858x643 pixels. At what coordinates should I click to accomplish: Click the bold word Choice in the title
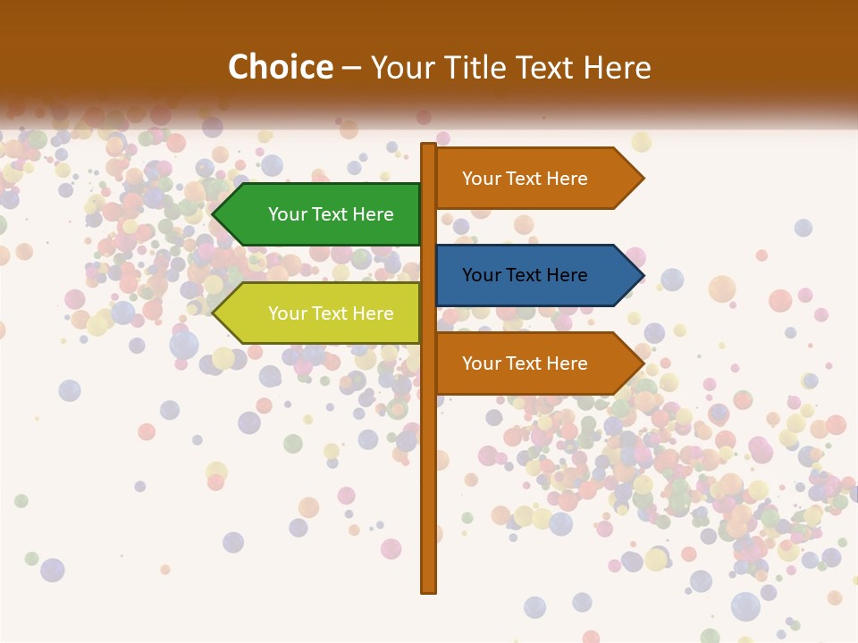[x=280, y=67]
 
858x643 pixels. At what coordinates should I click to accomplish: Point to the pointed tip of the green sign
[x=214, y=214]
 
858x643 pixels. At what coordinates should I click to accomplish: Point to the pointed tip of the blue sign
[x=642, y=275]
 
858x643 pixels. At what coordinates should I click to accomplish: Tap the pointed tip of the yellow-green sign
[x=214, y=313]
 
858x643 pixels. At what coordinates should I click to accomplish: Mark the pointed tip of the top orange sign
[x=642, y=178]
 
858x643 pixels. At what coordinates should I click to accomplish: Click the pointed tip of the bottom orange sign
[x=642, y=363]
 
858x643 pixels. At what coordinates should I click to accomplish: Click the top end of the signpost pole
[x=428, y=146]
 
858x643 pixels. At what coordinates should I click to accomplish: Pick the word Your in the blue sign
[x=481, y=275]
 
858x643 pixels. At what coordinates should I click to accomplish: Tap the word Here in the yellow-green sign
[x=373, y=313]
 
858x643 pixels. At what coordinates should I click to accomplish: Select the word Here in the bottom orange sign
[x=567, y=363]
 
